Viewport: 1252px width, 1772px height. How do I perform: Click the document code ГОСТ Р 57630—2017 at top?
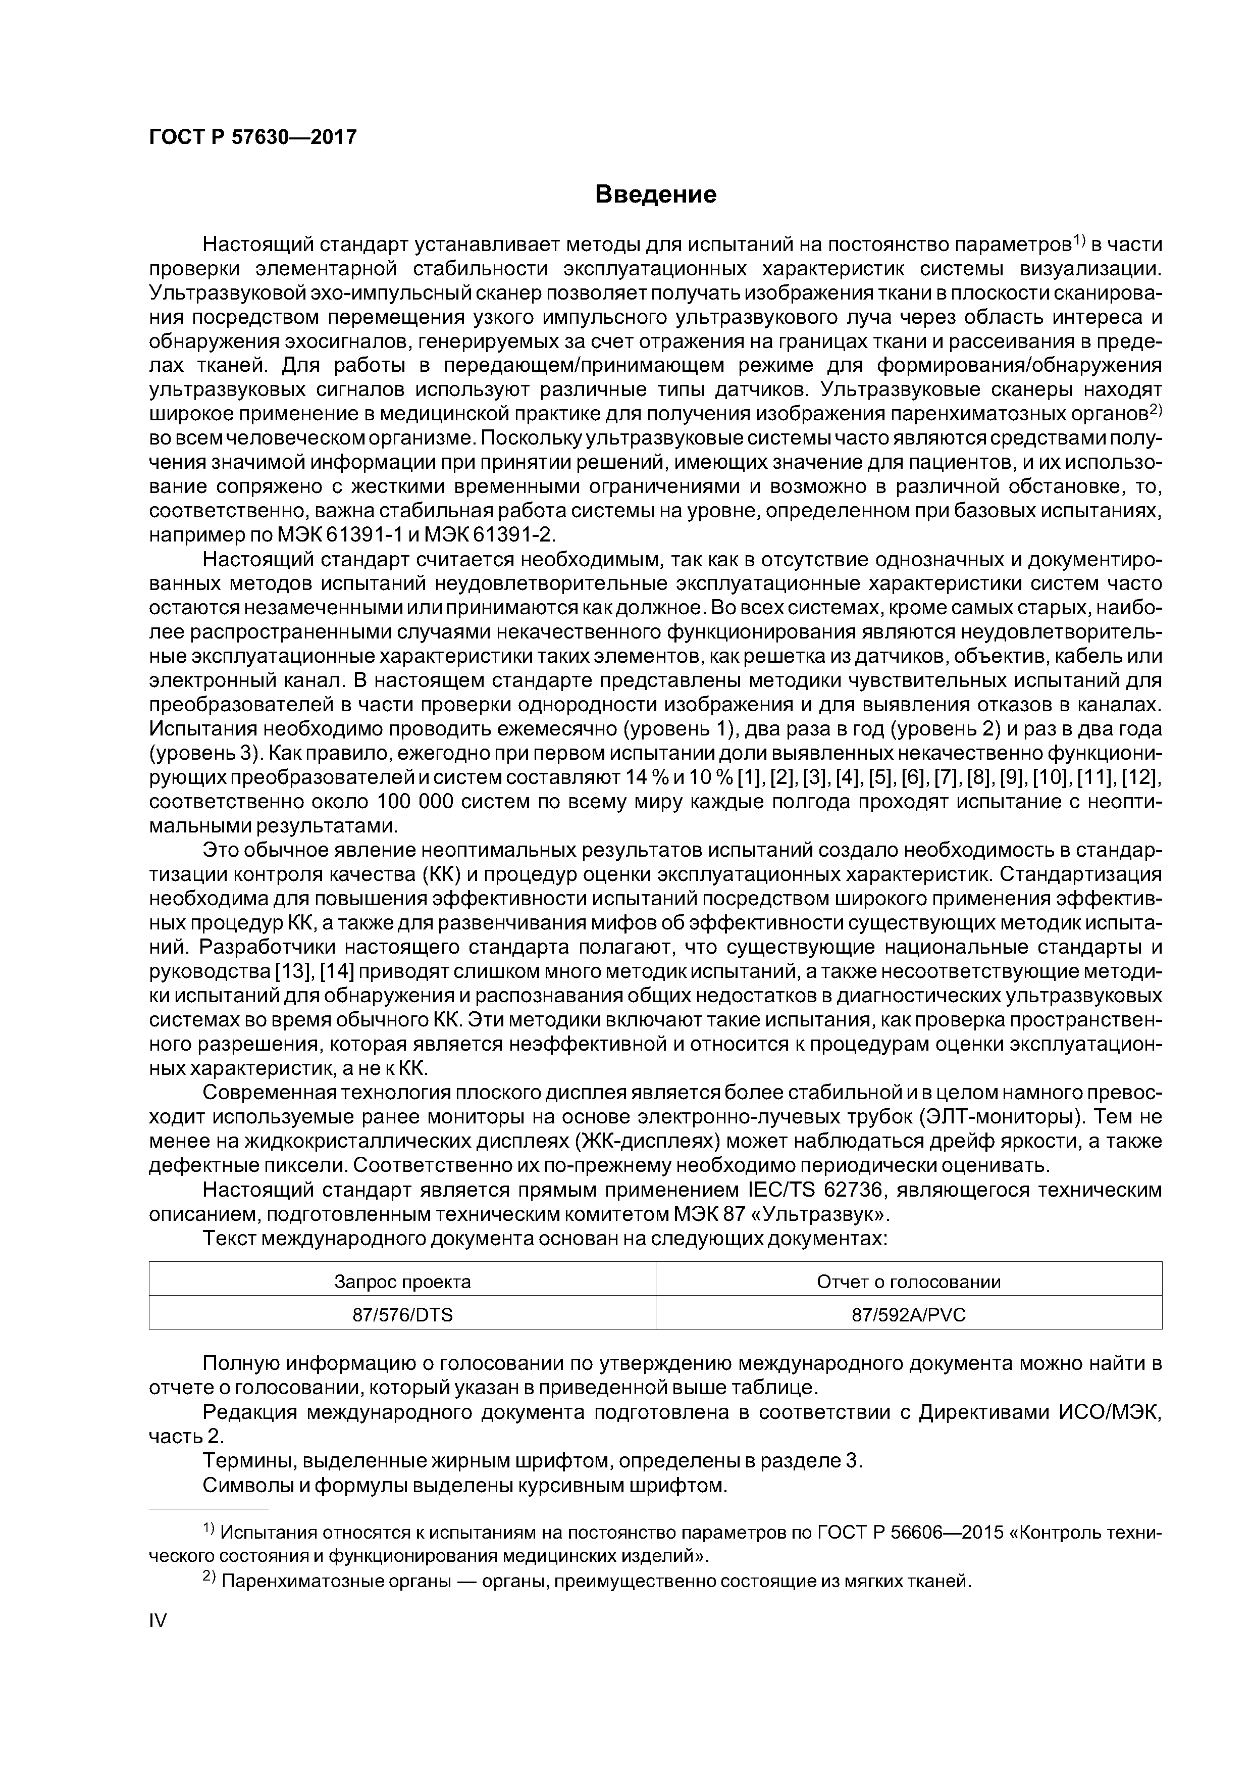click(252, 137)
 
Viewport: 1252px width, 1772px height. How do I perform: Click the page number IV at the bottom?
click(158, 1621)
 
